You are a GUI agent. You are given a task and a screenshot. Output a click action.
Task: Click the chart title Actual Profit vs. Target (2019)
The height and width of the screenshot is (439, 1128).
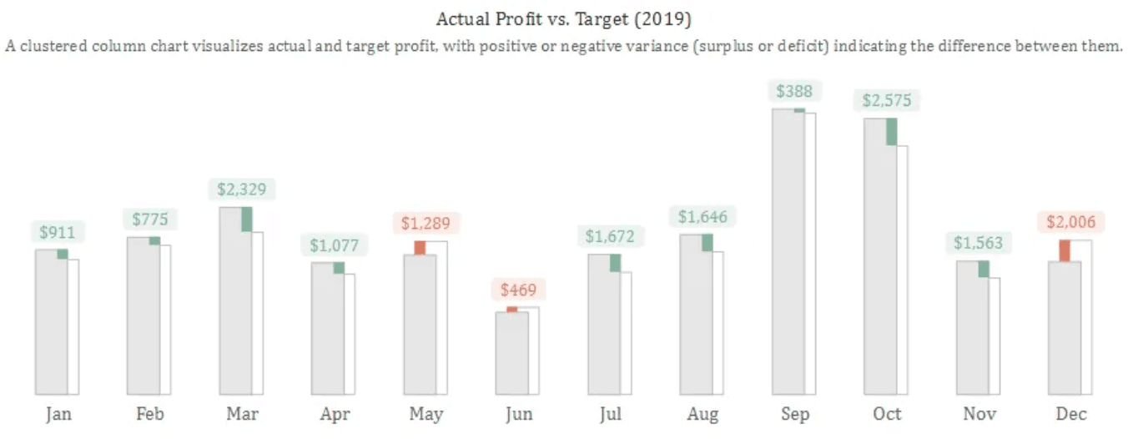click(x=564, y=18)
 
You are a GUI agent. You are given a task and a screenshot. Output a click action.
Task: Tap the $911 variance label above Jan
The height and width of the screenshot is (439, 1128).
click(x=58, y=232)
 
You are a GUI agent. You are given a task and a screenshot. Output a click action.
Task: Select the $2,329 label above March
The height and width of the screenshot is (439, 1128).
click(x=241, y=189)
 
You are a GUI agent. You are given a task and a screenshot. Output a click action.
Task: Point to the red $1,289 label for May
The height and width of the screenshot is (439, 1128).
click(x=426, y=224)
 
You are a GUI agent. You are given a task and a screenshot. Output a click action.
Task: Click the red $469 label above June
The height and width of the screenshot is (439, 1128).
click(x=518, y=290)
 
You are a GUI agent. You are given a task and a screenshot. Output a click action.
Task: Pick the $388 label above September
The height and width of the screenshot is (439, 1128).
click(x=793, y=91)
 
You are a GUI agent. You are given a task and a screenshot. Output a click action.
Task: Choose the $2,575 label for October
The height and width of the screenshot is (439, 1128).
click(x=887, y=101)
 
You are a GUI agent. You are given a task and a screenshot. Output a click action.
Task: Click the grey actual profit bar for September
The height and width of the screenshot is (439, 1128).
click(x=788, y=250)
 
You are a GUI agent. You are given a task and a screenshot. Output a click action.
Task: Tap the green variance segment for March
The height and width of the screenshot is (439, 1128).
click(x=246, y=219)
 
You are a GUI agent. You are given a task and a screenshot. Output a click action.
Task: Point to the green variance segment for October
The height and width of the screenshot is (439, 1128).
click(x=891, y=132)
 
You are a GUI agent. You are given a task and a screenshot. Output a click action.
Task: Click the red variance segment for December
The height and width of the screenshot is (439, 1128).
click(x=1065, y=250)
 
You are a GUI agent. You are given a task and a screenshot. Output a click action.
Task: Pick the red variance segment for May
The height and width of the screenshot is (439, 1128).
click(x=420, y=248)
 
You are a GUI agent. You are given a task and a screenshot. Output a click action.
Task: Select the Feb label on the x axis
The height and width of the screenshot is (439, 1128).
click(x=150, y=414)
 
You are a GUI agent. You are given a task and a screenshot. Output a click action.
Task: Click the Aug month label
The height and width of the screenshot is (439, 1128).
click(x=702, y=414)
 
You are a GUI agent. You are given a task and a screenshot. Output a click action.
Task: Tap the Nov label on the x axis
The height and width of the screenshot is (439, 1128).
click(x=979, y=414)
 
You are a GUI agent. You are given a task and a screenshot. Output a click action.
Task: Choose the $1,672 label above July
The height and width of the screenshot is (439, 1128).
click(x=609, y=237)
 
